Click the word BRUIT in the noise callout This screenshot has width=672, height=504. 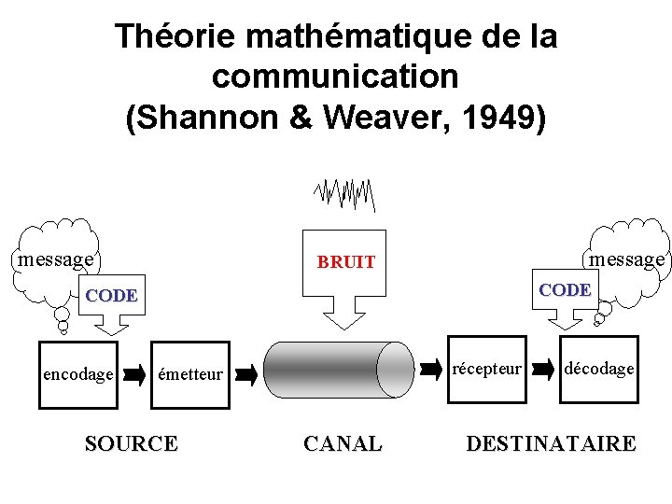tap(345, 262)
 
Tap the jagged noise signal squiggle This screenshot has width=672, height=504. tap(344, 193)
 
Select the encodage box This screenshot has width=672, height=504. tap(78, 374)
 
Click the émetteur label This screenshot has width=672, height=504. tap(190, 374)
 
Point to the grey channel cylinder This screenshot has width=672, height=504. tap(338, 370)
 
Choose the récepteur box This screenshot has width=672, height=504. tap(486, 369)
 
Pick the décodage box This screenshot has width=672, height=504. tap(599, 369)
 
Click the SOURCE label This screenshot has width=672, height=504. tap(131, 443)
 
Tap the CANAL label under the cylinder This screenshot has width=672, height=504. tap(343, 443)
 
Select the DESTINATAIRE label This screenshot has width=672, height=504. tap(551, 443)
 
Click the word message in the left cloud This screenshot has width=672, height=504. tap(56, 259)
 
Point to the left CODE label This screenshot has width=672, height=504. tap(111, 296)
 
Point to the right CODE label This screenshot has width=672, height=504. tap(565, 290)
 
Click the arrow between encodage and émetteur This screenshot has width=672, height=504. tap(134, 375)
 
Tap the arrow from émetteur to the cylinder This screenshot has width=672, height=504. tap(246, 375)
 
